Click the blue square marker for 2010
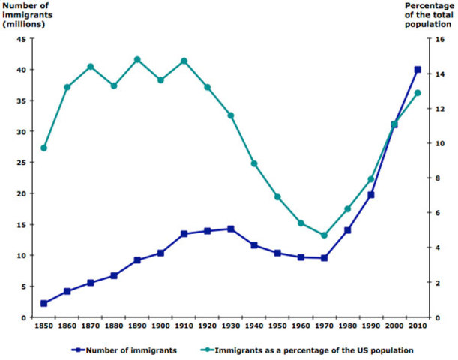coord(418,70)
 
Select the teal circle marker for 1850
coord(44,148)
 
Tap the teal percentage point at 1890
coord(137,59)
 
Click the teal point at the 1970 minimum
coord(324,235)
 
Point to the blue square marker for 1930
coord(231,229)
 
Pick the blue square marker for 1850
coord(44,303)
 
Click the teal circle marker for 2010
coord(418,93)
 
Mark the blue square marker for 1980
coord(347,230)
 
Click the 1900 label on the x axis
coord(160,326)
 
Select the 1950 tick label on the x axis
coord(277,326)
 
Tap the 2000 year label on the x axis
coord(394,326)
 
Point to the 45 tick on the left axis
coord(21,39)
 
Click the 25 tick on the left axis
coord(21,163)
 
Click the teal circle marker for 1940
coord(254,163)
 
